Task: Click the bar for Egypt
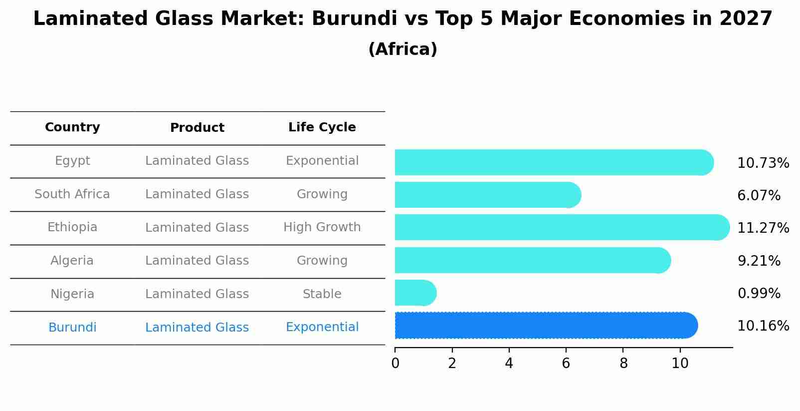pyautogui.click(x=554, y=162)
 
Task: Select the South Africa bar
pyautogui.click(x=488, y=195)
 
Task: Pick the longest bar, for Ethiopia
pyautogui.click(x=562, y=227)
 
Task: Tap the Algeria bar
pyautogui.click(x=532, y=260)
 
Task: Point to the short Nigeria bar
pyautogui.click(x=415, y=293)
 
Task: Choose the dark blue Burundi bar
pyautogui.click(x=546, y=326)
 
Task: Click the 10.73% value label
pyautogui.click(x=763, y=163)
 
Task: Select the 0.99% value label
pyautogui.click(x=759, y=294)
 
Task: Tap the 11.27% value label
pyautogui.click(x=763, y=228)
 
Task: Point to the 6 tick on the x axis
pyautogui.click(x=566, y=363)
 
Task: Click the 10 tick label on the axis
pyautogui.click(x=680, y=363)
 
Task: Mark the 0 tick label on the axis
pyautogui.click(x=395, y=363)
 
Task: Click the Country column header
pyautogui.click(x=72, y=127)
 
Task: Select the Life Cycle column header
pyautogui.click(x=322, y=127)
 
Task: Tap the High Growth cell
pyautogui.click(x=322, y=227)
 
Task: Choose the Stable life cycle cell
pyautogui.click(x=322, y=294)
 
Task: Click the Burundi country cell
pyautogui.click(x=72, y=328)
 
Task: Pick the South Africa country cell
pyautogui.click(x=72, y=194)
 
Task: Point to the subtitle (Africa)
pyautogui.click(x=402, y=49)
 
